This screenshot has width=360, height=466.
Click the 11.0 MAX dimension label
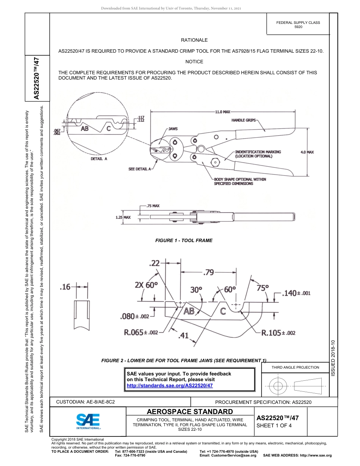(223, 112)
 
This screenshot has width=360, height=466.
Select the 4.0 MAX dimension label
(307, 152)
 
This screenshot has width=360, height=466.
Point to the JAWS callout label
(173, 129)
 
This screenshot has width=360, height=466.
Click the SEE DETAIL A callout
(140, 169)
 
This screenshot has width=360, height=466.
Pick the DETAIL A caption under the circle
(99, 159)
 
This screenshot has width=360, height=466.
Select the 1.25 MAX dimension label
(123, 217)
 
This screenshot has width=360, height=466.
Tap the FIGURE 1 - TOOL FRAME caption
(184, 241)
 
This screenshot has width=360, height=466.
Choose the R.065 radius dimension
(141, 332)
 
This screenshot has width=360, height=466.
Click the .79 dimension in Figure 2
(209, 272)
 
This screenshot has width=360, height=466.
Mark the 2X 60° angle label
(146, 285)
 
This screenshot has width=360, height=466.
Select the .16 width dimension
(66, 287)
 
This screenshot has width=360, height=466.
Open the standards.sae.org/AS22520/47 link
(169, 385)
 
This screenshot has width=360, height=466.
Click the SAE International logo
(88, 421)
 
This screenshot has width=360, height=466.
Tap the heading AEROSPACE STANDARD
(190, 412)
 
